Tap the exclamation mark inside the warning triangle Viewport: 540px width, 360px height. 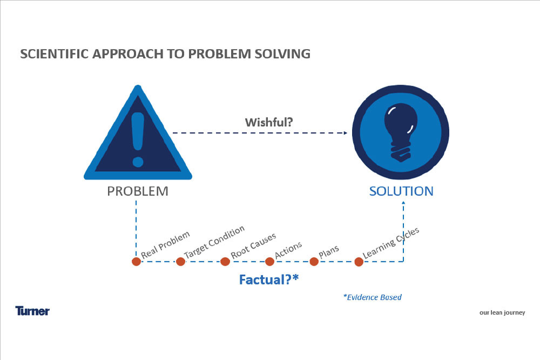click(138, 139)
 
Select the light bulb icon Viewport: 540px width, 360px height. click(401, 133)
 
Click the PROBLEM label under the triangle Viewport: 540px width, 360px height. click(138, 191)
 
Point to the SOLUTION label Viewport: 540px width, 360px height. click(401, 191)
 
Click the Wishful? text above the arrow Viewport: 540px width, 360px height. click(269, 122)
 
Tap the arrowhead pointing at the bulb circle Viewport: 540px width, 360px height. click(346, 133)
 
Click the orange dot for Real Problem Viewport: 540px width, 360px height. click(137, 262)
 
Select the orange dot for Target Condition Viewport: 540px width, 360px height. click(180, 262)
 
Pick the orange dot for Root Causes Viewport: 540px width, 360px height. click(225, 262)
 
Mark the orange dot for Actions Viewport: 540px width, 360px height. click(269, 262)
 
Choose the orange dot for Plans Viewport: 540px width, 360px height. click(314, 262)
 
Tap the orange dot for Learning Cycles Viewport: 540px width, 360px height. click(359, 262)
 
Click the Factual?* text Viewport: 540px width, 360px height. click(269, 280)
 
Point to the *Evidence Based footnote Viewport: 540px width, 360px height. click(373, 297)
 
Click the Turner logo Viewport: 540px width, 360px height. click(32, 311)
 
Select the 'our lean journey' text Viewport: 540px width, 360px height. click(502, 313)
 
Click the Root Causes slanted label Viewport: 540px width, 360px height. click(253, 246)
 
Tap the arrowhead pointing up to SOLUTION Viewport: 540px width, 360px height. click(403, 203)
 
